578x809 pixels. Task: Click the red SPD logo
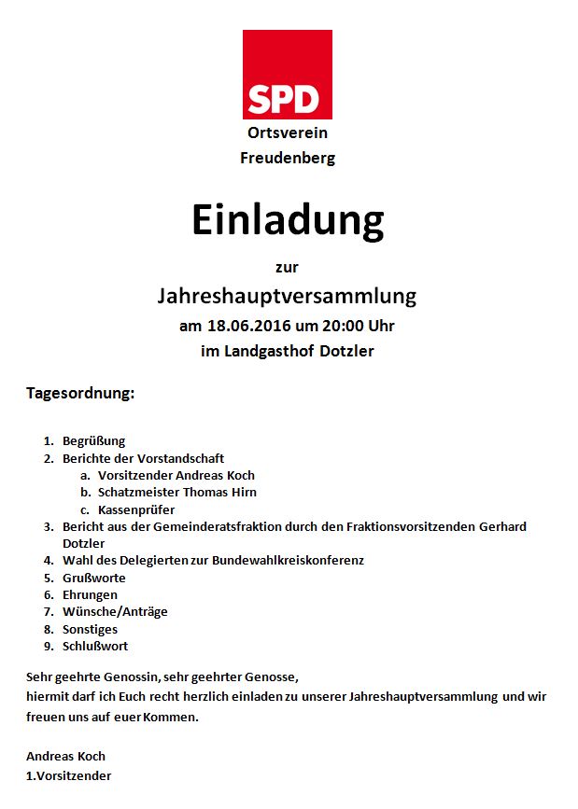tap(287, 75)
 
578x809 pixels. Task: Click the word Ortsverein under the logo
tap(288, 134)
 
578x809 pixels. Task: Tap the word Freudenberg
tap(288, 158)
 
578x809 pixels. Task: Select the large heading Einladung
tap(288, 220)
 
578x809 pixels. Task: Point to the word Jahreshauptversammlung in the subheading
tap(288, 297)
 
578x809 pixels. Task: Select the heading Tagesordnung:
tap(80, 394)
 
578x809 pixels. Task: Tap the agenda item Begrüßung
tap(93, 440)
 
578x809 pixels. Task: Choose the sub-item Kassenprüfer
tap(136, 509)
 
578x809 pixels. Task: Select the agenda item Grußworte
tap(94, 578)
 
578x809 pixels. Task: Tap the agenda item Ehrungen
tap(90, 594)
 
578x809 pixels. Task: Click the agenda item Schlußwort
tap(95, 646)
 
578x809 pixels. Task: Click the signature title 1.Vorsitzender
tap(69, 775)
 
